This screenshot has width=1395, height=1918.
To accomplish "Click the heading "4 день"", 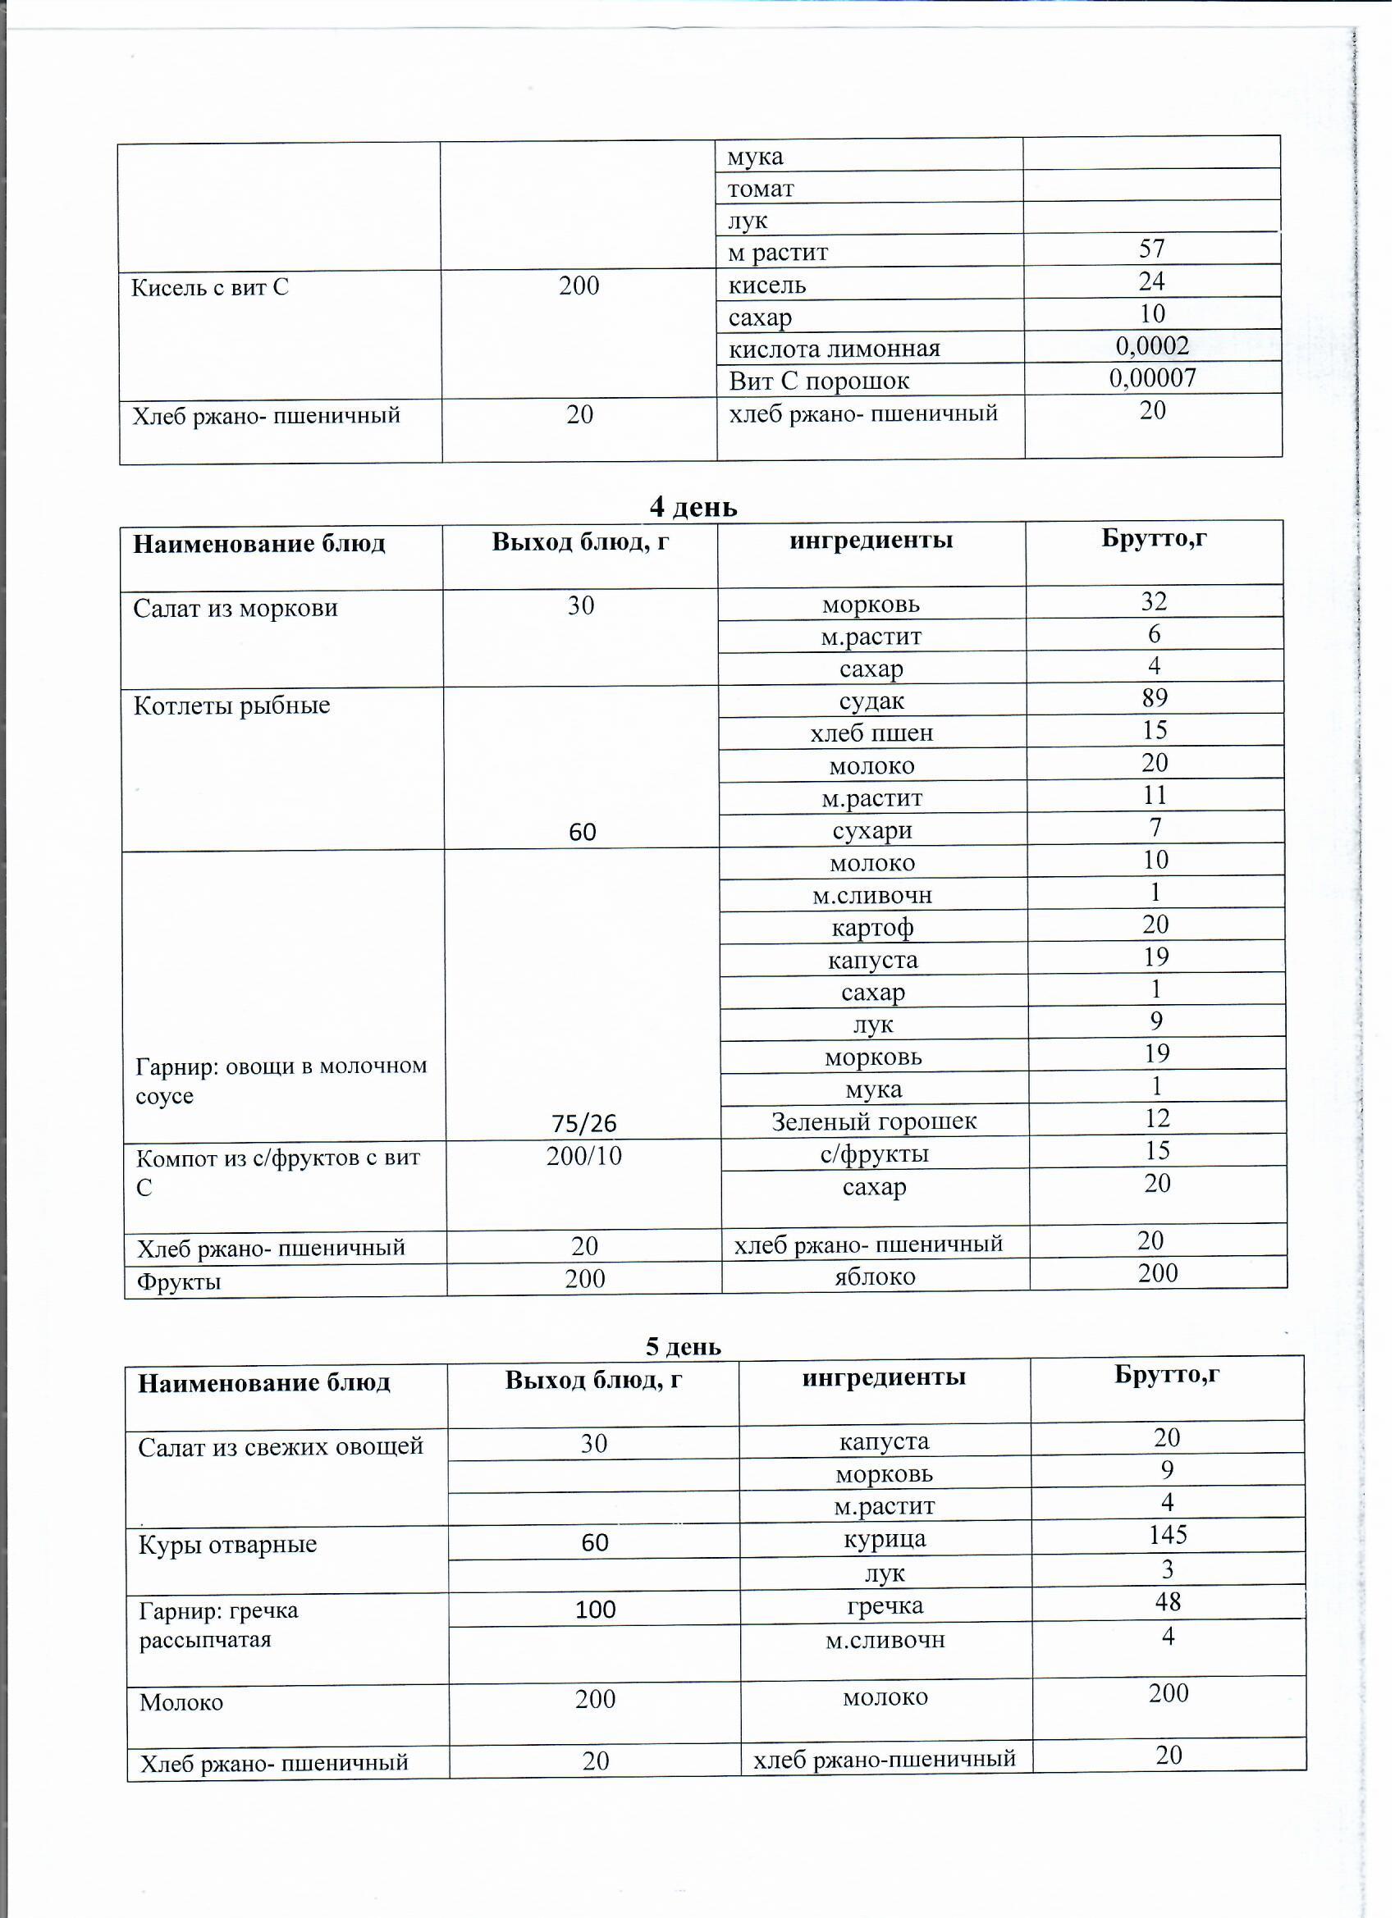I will [693, 508].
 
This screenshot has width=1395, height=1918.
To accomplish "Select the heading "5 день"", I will [684, 1346].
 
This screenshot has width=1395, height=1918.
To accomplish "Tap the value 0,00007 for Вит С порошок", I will [1154, 378].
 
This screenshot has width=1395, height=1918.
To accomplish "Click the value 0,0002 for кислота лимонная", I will [1153, 346].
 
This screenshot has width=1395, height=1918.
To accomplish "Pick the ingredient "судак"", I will [872, 701].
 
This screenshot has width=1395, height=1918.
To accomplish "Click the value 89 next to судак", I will [1155, 698].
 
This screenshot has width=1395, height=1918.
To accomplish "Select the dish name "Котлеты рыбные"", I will [231, 706].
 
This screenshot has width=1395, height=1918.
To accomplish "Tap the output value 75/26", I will [583, 1124].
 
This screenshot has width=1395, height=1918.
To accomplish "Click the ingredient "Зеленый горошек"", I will [875, 1122].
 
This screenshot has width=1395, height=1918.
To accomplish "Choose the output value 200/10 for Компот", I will [583, 1156].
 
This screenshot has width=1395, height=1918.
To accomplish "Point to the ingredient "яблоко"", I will [876, 1276].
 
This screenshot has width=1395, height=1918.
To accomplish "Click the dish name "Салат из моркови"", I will [236, 608].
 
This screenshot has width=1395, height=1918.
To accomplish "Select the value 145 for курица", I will [1169, 1535].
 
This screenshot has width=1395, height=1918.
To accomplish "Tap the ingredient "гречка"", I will [885, 1606].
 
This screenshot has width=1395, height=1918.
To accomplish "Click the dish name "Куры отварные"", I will [227, 1544].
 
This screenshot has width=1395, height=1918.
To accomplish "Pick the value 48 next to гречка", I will [1169, 1601].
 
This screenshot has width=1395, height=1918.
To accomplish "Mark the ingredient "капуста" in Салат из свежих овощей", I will [884, 1441].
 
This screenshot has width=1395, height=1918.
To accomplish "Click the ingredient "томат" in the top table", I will [762, 189].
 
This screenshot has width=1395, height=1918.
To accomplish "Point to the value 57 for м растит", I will [1152, 249].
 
